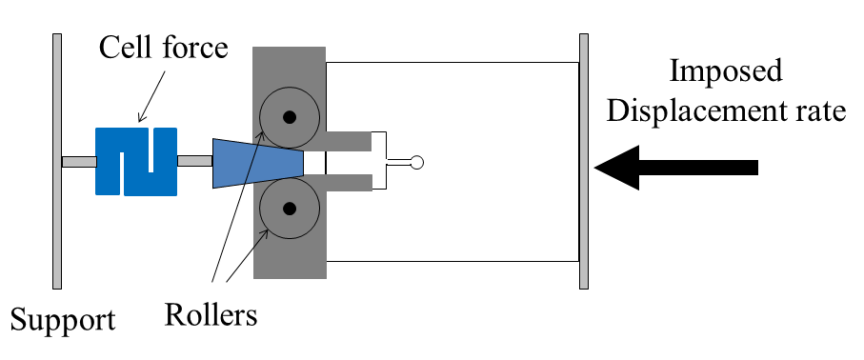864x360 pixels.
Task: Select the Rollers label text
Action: tap(211, 313)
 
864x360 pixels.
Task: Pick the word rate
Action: tap(822, 111)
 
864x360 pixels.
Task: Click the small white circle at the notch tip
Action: tap(415, 163)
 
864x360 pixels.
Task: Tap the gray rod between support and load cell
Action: tap(78, 161)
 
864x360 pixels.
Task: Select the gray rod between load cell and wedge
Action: tap(194, 161)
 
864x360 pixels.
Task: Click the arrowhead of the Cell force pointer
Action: tap(139, 120)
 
